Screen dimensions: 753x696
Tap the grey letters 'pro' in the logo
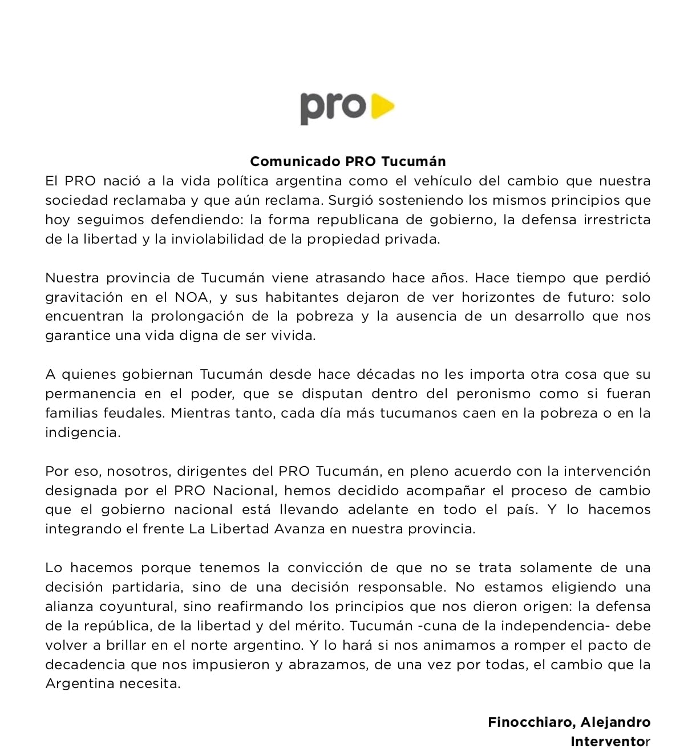333,108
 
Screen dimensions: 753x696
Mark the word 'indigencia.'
83,432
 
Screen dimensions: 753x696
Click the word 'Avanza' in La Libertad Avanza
300,529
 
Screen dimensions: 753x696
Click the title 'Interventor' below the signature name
610,742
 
